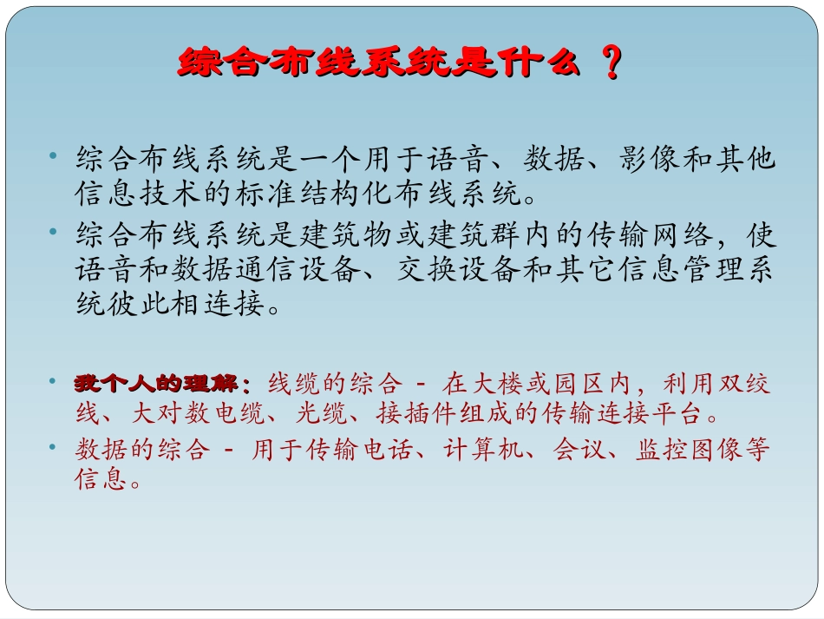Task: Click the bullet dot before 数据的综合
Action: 54,448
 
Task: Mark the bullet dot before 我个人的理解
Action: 54,382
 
